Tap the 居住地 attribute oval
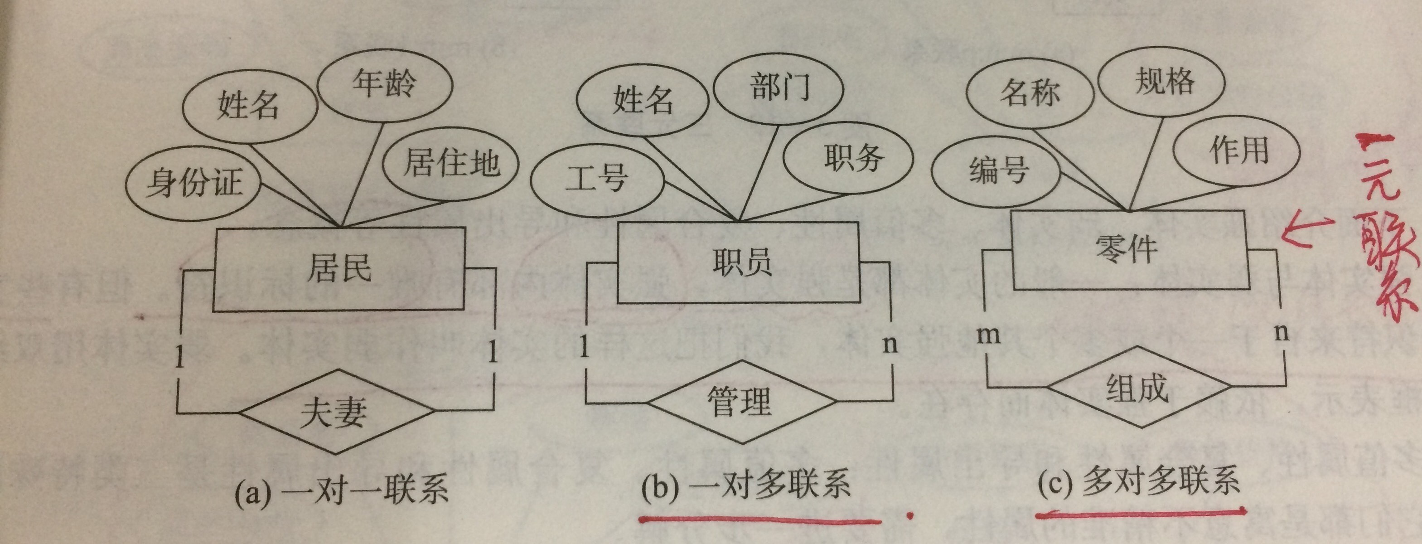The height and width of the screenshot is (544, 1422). click(450, 164)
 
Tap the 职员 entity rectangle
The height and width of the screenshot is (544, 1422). click(739, 263)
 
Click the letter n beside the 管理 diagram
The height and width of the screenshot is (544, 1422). click(889, 344)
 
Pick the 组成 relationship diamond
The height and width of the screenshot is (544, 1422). click(1137, 387)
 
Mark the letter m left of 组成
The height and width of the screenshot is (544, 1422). click(988, 334)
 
